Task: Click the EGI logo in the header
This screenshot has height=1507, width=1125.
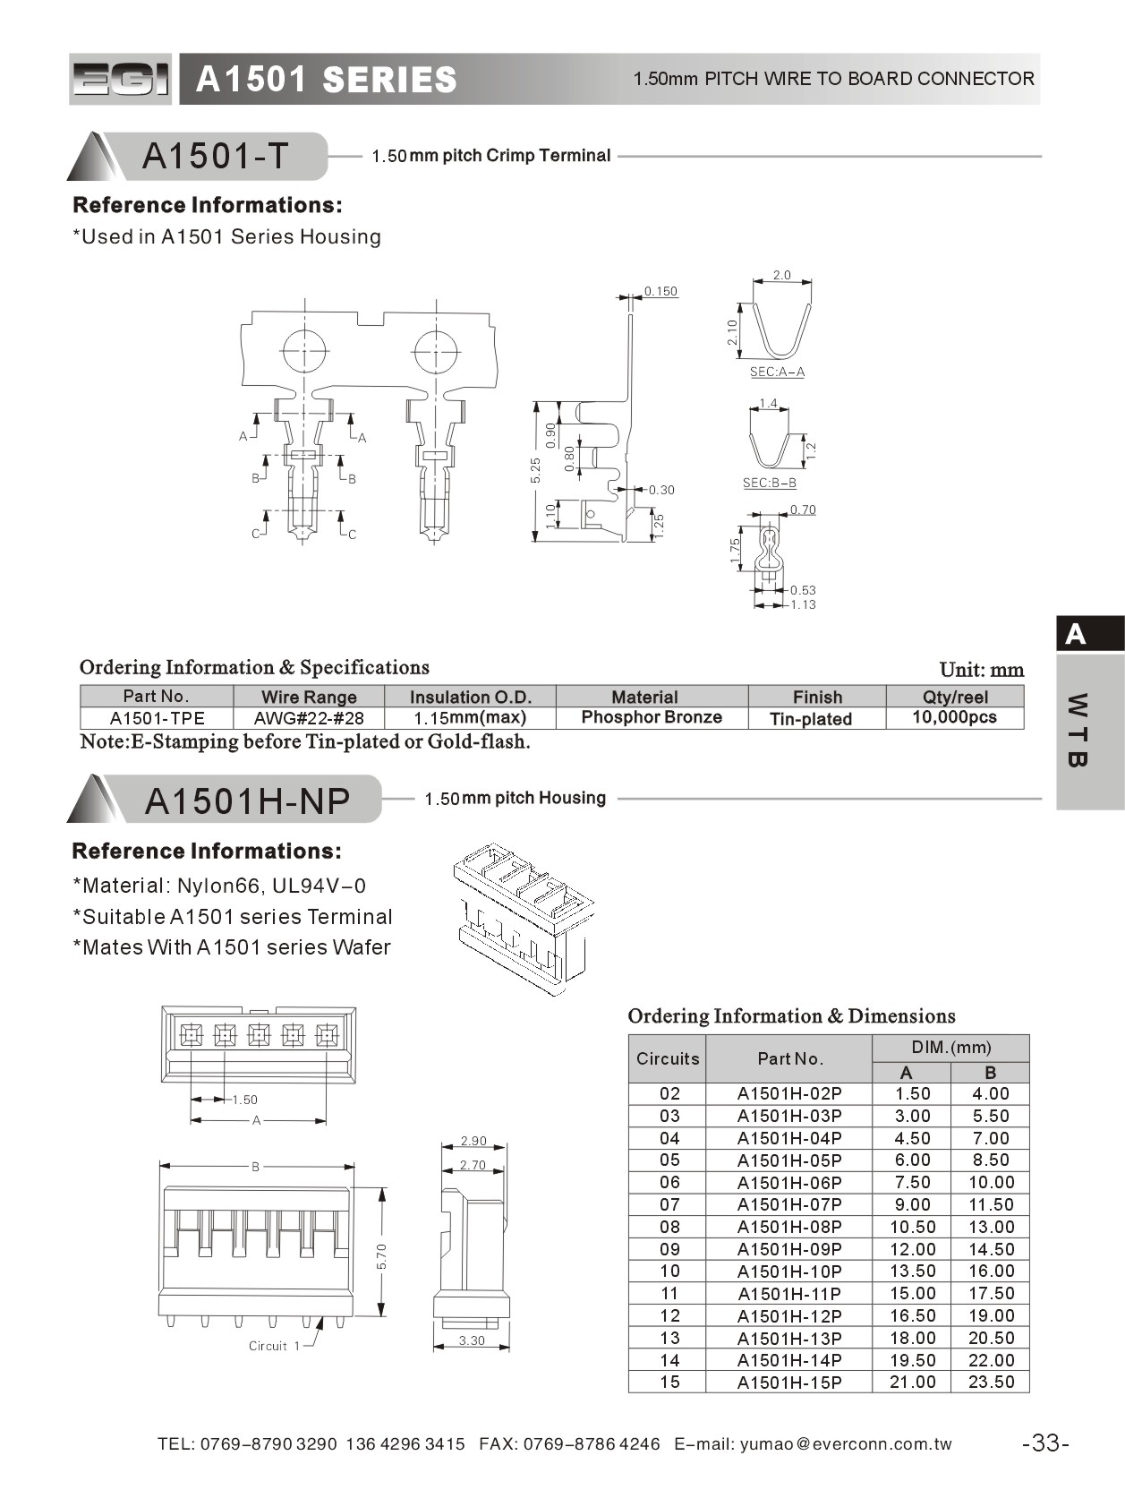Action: [120, 80]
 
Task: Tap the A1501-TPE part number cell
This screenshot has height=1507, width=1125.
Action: [157, 718]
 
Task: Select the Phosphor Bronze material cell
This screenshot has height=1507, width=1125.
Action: [651, 717]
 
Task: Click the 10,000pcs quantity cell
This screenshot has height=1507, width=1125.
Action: [954, 717]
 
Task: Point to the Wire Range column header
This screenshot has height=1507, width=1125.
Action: [309, 697]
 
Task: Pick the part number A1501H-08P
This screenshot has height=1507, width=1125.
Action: [788, 1227]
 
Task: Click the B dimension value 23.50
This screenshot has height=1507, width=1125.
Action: [991, 1382]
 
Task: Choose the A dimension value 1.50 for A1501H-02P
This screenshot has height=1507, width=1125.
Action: [912, 1093]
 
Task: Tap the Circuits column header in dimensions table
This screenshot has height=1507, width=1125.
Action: [667, 1058]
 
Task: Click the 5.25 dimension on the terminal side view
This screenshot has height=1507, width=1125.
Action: [535, 471]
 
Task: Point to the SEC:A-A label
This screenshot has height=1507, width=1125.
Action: [777, 372]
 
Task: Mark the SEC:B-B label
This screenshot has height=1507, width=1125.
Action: [769, 483]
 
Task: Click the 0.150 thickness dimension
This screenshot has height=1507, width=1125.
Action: [661, 291]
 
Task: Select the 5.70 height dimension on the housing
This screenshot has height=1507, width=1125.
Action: [382, 1255]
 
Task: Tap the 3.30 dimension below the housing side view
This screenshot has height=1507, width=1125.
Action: [471, 1340]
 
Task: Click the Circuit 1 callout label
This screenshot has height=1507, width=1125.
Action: [274, 1346]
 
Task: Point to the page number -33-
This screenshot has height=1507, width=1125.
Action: [1044, 1443]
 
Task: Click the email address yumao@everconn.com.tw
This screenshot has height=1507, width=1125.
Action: [846, 1443]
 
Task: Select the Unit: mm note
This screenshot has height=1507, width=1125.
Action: [981, 670]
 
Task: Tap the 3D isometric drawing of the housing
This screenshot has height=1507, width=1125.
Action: [523, 917]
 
